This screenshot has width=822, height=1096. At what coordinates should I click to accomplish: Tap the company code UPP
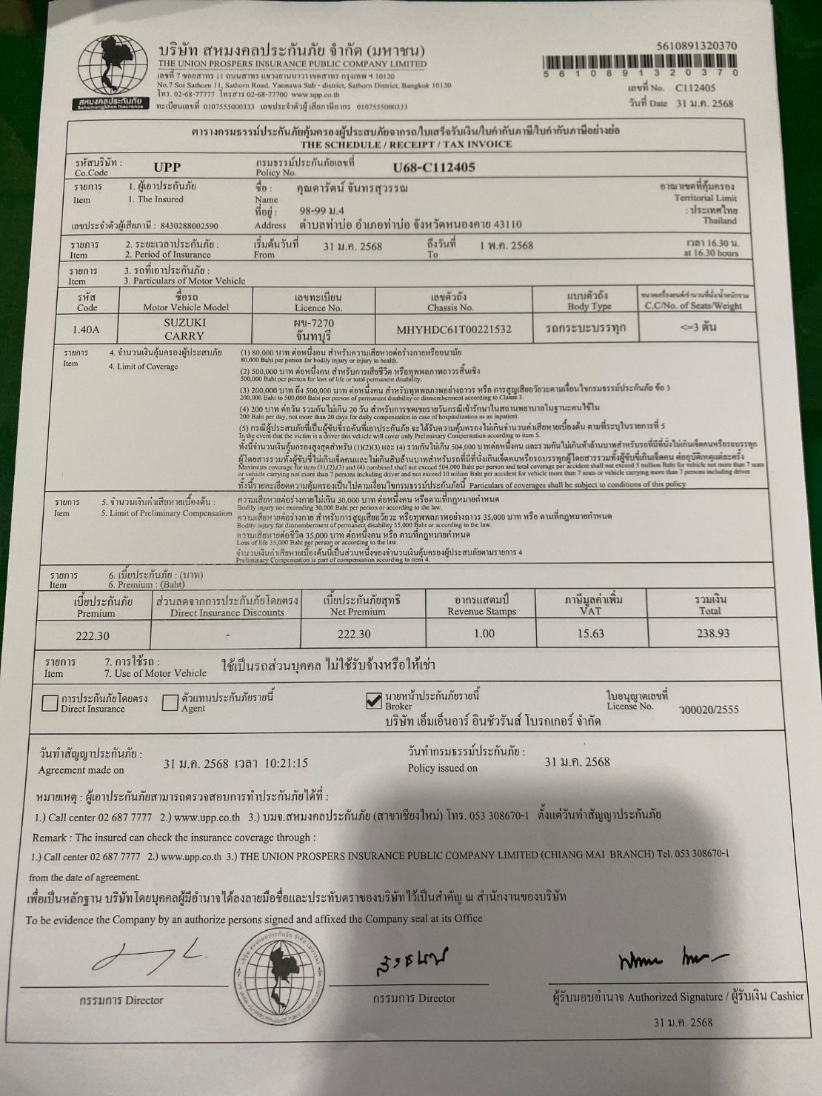[x=167, y=167]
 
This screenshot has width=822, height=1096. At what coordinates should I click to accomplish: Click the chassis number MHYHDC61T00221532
[x=453, y=329]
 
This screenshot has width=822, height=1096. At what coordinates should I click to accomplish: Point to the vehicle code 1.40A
[x=86, y=328]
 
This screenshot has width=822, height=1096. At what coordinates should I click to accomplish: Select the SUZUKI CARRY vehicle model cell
[x=184, y=329]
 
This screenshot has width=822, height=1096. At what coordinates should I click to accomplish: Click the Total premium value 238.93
[x=712, y=633]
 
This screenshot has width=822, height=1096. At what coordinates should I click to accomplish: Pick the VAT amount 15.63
[x=590, y=633]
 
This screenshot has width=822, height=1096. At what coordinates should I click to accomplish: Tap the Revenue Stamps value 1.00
[x=484, y=633]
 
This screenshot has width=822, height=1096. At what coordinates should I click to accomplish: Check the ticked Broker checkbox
[x=374, y=700]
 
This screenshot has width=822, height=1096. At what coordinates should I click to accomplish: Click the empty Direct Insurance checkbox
[x=50, y=702]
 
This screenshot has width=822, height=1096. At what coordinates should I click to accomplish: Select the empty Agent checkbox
[x=170, y=702]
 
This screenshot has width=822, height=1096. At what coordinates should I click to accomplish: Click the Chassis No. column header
[x=450, y=302]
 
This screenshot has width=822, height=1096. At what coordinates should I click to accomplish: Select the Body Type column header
[x=589, y=301]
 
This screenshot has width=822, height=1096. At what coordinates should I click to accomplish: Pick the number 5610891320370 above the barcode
[x=696, y=45]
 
